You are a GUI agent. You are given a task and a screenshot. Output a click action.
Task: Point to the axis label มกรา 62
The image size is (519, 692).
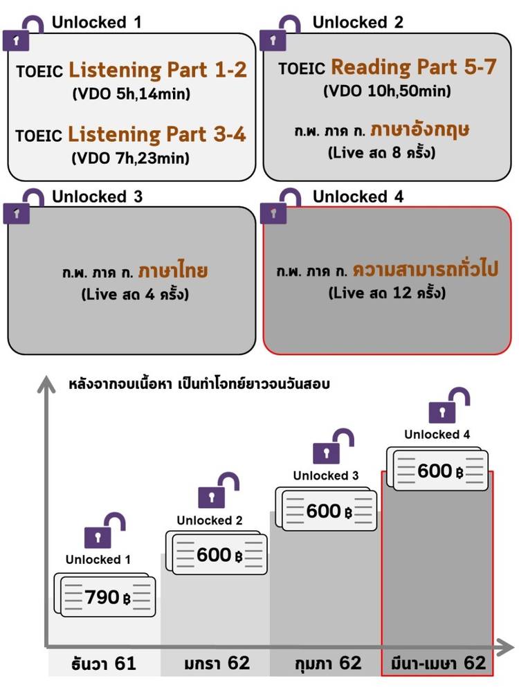tap(215, 663)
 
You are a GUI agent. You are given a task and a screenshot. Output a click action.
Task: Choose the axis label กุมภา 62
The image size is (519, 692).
tap(326, 663)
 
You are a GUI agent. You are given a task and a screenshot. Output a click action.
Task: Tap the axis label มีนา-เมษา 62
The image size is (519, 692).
tap(437, 663)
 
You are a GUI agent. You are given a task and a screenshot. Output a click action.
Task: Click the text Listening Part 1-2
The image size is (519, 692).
tap(157, 71)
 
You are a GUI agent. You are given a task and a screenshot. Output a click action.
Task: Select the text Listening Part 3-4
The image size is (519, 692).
tap(157, 134)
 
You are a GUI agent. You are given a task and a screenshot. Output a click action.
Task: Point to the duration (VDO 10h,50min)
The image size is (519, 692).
tap(388, 91)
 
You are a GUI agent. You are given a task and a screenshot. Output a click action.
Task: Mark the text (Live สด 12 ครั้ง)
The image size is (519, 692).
tap(387, 293)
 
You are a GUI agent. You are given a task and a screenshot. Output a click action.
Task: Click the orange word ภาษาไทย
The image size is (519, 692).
tap(172, 270)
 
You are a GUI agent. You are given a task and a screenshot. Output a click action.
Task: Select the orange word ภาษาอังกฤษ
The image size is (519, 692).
tap(420, 129)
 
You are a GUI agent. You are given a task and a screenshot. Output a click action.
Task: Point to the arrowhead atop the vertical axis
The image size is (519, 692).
tap(46, 382)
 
